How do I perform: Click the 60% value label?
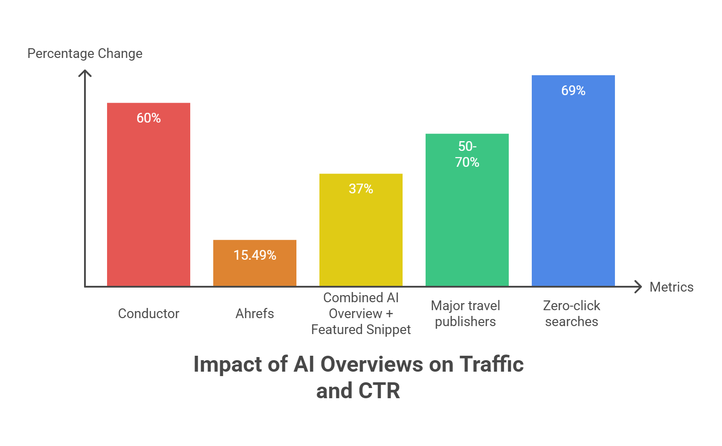[x=149, y=118]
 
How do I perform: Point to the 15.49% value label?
[x=255, y=255]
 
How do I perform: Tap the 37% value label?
[x=361, y=189]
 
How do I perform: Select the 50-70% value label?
[x=467, y=154]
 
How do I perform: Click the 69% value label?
[x=573, y=91]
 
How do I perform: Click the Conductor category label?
[x=149, y=314]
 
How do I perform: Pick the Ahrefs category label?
[x=255, y=314]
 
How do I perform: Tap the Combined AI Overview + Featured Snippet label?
[x=361, y=314]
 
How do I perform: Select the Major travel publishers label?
[x=465, y=314]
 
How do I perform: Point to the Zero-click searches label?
[x=572, y=314]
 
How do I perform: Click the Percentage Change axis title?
[x=85, y=54]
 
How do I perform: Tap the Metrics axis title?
[x=672, y=287]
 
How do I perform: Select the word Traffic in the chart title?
[x=492, y=365]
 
